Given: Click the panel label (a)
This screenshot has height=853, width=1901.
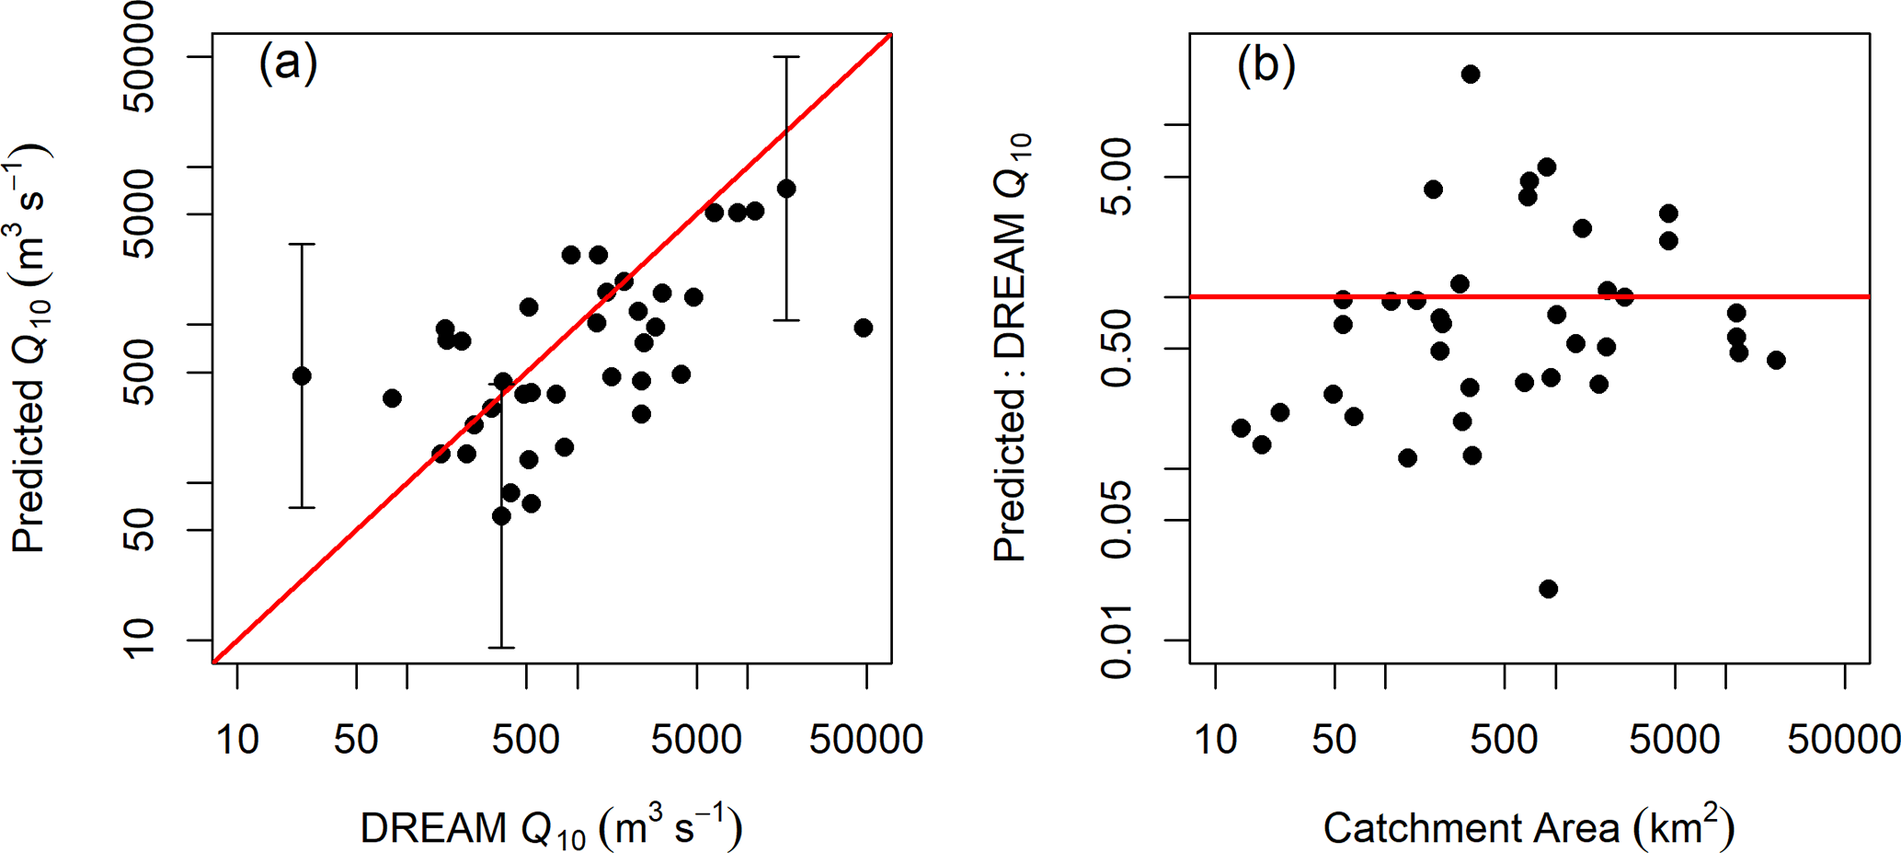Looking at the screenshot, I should coord(288,63).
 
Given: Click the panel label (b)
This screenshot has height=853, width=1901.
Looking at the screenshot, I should coord(1265,64).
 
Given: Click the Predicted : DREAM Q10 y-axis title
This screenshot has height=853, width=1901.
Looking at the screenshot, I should coord(1012,348).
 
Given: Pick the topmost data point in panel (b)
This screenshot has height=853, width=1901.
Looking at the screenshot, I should coord(1471,75).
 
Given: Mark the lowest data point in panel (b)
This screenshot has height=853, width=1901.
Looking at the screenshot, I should coord(1549,589).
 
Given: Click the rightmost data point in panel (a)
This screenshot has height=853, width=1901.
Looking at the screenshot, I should coord(863,328).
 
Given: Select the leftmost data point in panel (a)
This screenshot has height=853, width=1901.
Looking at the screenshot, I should coord(302,375).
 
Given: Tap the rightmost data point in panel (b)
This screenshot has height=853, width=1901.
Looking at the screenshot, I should coord(1776,360).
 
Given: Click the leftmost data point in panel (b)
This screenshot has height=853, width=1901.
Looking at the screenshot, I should coord(1241,428).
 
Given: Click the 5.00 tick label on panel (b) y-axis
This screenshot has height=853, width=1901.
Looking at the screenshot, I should coord(1117,177).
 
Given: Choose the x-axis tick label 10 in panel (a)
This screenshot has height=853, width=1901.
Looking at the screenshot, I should coord(237,739).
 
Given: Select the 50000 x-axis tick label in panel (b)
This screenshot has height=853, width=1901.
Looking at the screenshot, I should coord(1843,739).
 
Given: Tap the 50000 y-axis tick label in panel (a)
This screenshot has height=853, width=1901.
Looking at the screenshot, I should coord(139,57).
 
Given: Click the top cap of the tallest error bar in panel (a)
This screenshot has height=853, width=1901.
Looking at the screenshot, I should coord(786,57).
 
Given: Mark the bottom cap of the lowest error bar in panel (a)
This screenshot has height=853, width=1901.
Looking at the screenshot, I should coord(501,648).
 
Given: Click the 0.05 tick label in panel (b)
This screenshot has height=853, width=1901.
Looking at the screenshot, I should coord(1117,520).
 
